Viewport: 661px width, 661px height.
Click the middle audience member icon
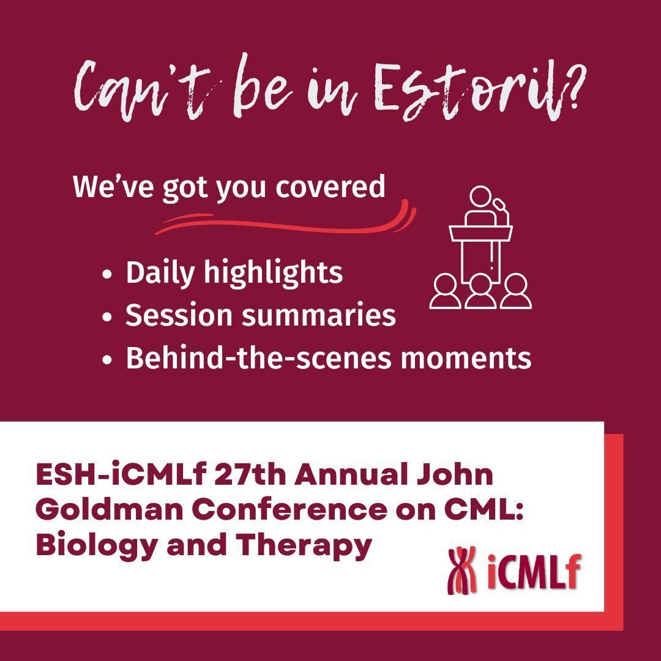(480, 291)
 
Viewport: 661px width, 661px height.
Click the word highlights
(273, 273)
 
